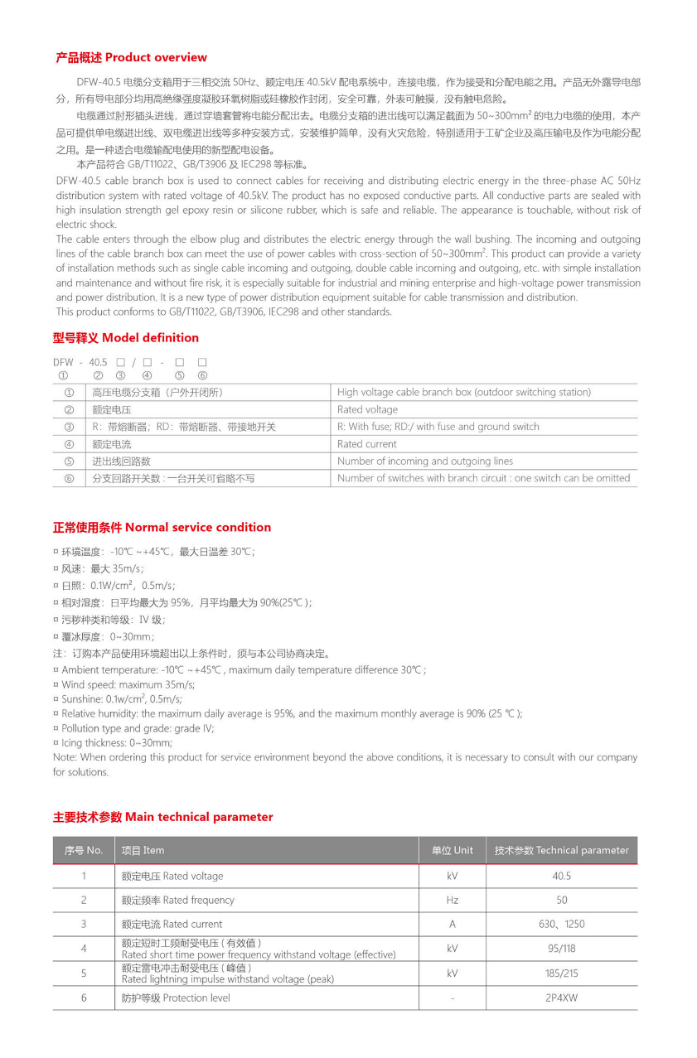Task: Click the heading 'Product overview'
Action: point(131,58)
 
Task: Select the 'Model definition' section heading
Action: point(126,338)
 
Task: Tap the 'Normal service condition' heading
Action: point(162,528)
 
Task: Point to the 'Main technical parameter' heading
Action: point(163,818)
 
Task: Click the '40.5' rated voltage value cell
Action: point(561,877)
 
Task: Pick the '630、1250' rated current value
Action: point(561,925)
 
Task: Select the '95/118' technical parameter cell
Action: point(561,949)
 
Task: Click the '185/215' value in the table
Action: point(561,973)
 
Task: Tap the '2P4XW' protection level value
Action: point(561,998)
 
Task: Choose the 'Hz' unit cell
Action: point(452,901)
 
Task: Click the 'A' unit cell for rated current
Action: point(452,925)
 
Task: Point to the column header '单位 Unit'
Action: point(452,851)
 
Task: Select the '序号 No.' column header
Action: point(84,851)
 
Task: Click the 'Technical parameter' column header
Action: point(561,851)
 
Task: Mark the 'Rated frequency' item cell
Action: point(178,901)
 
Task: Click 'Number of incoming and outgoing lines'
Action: point(425,461)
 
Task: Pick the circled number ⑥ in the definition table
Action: point(69,479)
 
